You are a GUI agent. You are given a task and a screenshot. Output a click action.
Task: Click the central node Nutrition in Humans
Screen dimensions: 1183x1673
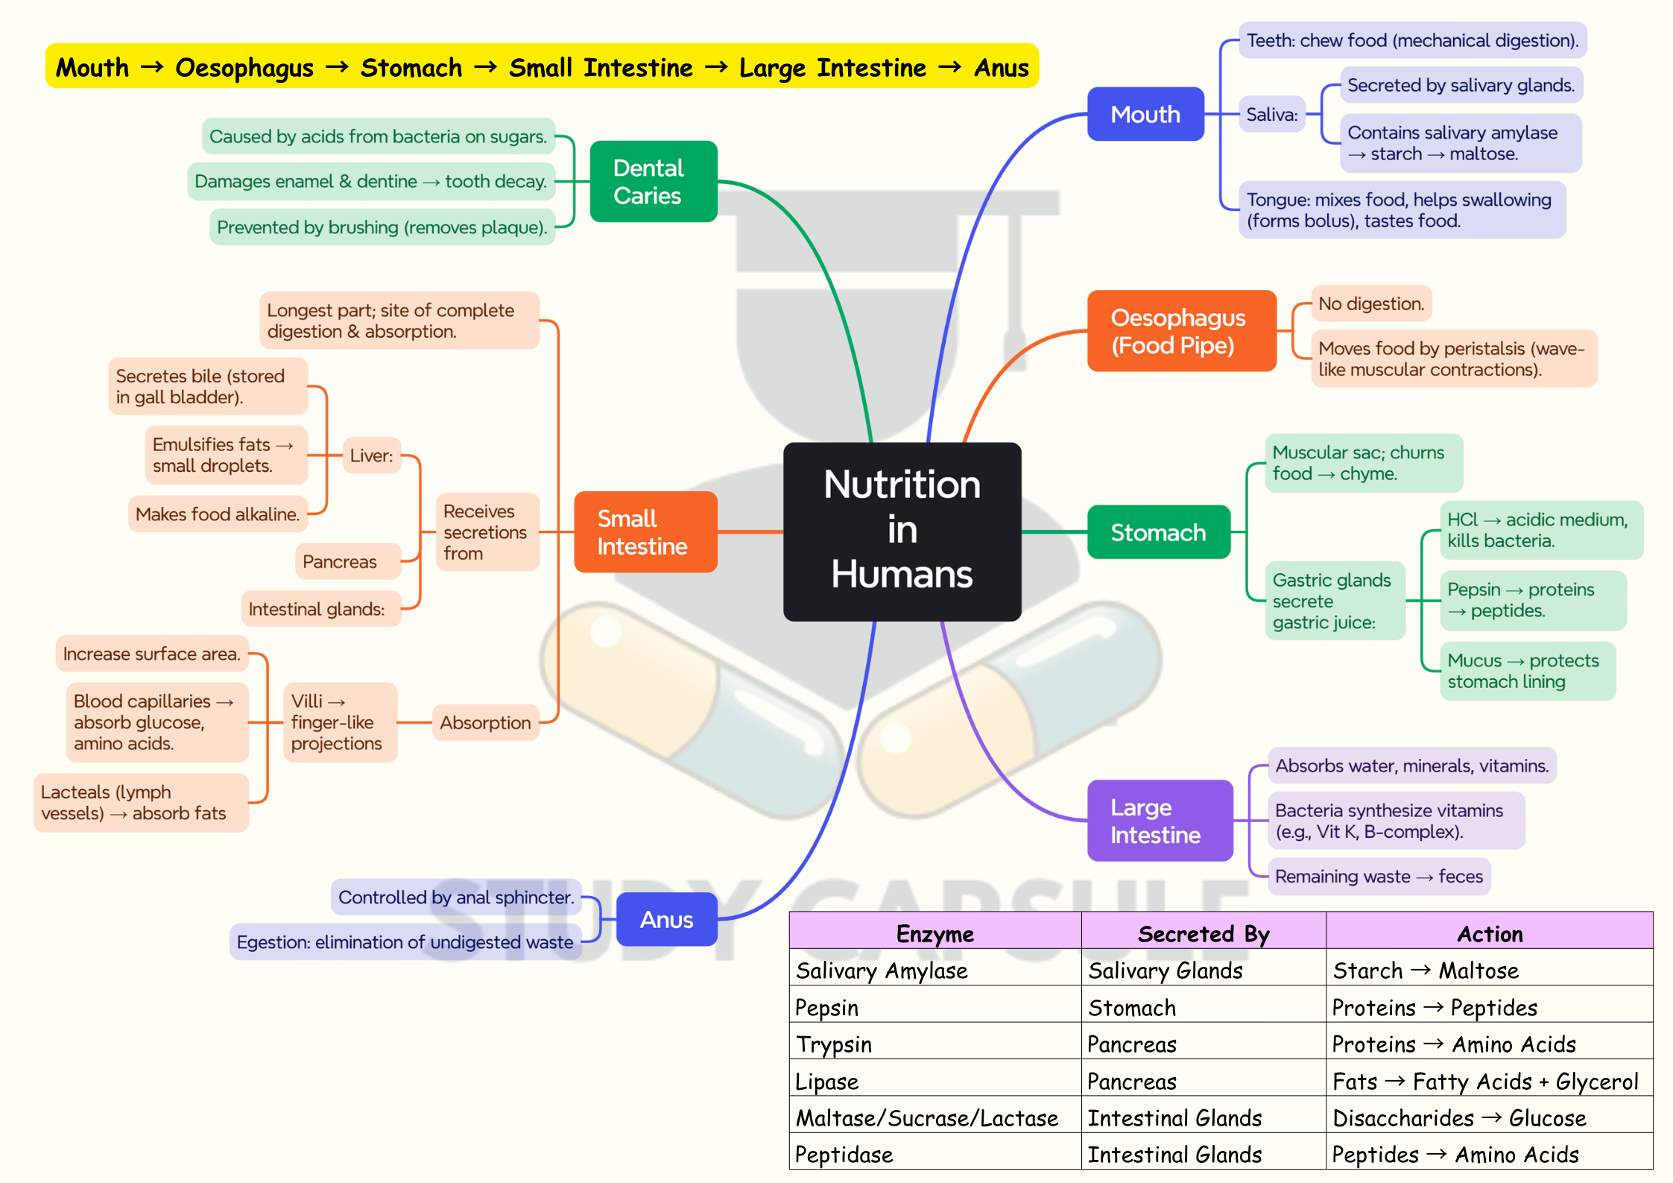click(x=902, y=531)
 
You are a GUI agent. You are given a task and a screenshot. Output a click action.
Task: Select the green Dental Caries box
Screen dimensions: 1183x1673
click(x=653, y=181)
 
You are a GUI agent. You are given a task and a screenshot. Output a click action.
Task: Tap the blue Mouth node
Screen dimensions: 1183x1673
click(x=1145, y=114)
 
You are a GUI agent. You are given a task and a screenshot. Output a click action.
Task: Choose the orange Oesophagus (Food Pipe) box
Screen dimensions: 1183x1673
click(x=1181, y=331)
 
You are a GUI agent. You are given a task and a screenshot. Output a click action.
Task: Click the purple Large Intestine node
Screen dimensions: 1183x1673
click(x=1160, y=821)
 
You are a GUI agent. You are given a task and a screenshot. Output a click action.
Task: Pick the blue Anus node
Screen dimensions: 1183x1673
click(x=666, y=919)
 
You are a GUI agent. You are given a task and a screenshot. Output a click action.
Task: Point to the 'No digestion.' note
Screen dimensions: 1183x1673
click(x=1370, y=303)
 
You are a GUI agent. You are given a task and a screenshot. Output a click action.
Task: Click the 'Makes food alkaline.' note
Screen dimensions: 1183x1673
click(x=218, y=514)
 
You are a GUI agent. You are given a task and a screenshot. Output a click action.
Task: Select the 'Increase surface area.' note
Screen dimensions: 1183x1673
click(x=152, y=654)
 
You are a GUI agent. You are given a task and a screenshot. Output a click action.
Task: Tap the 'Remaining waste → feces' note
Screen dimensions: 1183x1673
click(x=1379, y=876)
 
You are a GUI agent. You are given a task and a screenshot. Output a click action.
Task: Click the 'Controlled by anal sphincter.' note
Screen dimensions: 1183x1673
click(x=456, y=897)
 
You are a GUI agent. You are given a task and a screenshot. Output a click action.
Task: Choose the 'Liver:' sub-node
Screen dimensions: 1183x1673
click(x=371, y=455)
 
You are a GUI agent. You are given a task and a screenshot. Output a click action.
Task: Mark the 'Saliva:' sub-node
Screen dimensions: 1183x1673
click(x=1271, y=114)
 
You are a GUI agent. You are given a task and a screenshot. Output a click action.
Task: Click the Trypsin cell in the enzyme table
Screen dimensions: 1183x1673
click(x=834, y=1044)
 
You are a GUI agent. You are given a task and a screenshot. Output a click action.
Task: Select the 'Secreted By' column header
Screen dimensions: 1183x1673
click(x=1204, y=933)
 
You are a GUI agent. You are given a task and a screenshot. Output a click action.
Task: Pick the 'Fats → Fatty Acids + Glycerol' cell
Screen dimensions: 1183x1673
click(x=1484, y=1081)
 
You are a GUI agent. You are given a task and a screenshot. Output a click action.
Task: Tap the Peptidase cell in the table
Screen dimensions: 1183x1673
click(x=844, y=1154)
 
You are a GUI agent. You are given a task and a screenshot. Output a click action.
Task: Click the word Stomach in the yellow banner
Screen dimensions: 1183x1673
click(x=411, y=67)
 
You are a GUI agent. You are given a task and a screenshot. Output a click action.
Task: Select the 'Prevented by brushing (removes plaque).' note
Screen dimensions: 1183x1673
click(x=382, y=227)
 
